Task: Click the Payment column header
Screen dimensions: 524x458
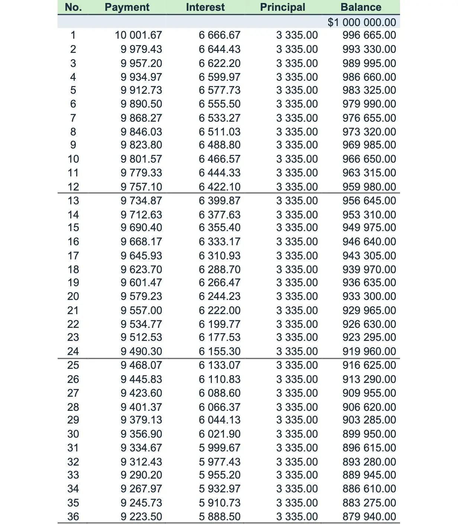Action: (127, 7)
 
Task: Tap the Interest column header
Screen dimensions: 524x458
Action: (205, 7)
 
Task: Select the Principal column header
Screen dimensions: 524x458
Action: (283, 7)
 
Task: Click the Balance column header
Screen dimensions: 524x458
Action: (361, 7)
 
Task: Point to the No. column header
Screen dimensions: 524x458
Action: (73, 7)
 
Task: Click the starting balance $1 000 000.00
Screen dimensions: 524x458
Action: (362, 22)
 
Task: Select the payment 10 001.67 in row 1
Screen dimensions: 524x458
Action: (138, 35)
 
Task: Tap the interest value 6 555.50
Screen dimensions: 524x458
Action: (219, 104)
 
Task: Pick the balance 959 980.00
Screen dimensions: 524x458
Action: (369, 186)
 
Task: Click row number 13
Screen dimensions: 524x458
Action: (73, 201)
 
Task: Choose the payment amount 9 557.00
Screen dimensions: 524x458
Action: (141, 310)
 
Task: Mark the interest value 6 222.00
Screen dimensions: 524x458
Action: (219, 310)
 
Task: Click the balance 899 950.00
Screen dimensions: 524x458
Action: (369, 434)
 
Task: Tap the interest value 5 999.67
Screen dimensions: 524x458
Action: (219, 448)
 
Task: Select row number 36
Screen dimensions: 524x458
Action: (73, 517)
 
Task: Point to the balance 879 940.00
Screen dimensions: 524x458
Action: (369, 517)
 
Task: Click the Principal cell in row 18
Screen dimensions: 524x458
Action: (297, 269)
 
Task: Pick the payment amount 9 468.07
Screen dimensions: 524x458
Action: (141, 365)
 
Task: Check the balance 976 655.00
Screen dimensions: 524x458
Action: (369, 118)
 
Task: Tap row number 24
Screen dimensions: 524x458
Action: (73, 351)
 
